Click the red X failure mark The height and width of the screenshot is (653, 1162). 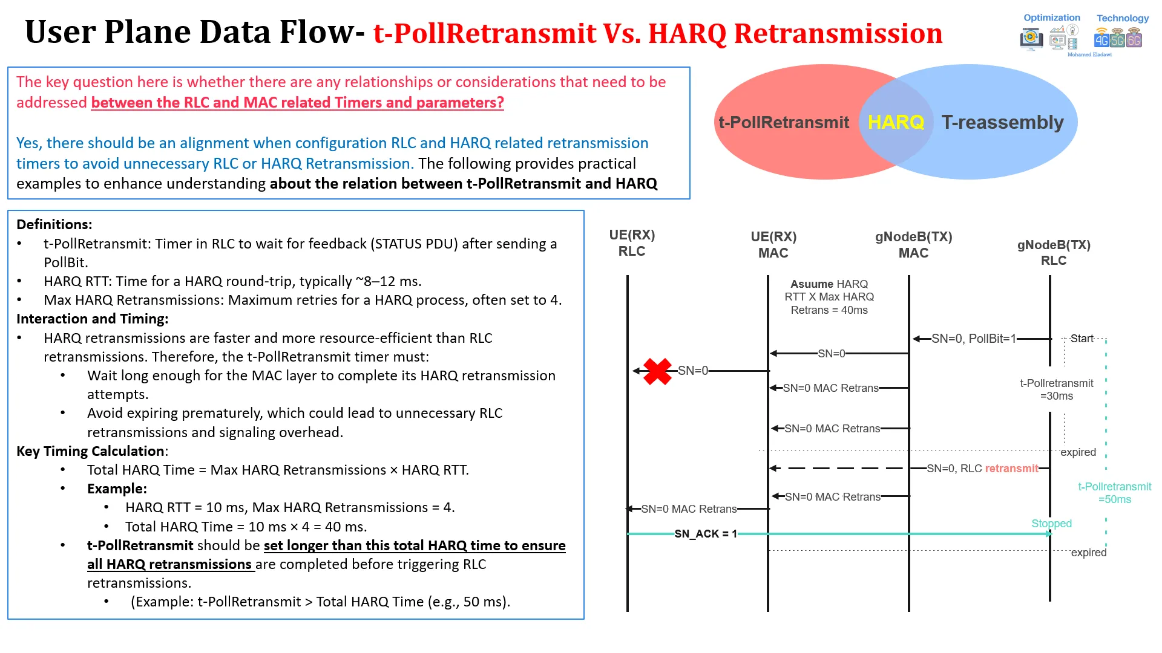(x=657, y=371)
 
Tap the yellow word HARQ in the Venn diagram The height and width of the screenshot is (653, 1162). (x=896, y=122)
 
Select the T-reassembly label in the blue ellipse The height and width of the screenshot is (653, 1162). (x=1002, y=123)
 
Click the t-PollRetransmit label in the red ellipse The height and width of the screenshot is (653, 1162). (x=784, y=123)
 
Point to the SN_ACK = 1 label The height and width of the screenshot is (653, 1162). (x=706, y=534)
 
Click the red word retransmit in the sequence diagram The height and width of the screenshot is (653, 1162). (x=1011, y=469)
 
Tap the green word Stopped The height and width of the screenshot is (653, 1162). (x=1051, y=524)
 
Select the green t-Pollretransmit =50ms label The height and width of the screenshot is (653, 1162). (x=1115, y=493)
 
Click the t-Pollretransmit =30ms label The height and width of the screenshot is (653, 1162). (x=1057, y=389)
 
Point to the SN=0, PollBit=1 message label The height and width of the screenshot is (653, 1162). (x=974, y=339)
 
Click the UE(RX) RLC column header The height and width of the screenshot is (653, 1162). (x=632, y=243)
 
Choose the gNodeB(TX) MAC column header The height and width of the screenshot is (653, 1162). (x=913, y=245)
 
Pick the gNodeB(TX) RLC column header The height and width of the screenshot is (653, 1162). (x=1054, y=253)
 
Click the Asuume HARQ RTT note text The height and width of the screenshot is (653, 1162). (x=829, y=297)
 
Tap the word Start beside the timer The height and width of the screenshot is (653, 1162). (x=1082, y=339)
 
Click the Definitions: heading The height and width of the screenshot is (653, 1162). (x=54, y=224)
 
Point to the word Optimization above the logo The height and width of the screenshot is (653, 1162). (x=1052, y=18)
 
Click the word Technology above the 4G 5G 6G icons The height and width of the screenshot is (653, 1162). (x=1123, y=18)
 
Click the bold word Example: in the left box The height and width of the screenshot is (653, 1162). (x=117, y=489)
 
